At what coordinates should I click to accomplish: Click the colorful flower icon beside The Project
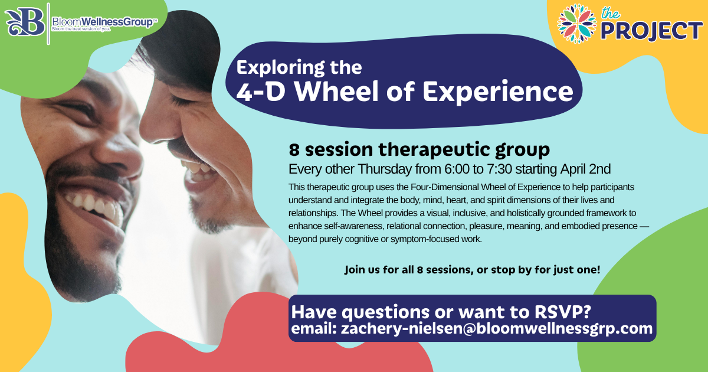click(576, 24)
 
